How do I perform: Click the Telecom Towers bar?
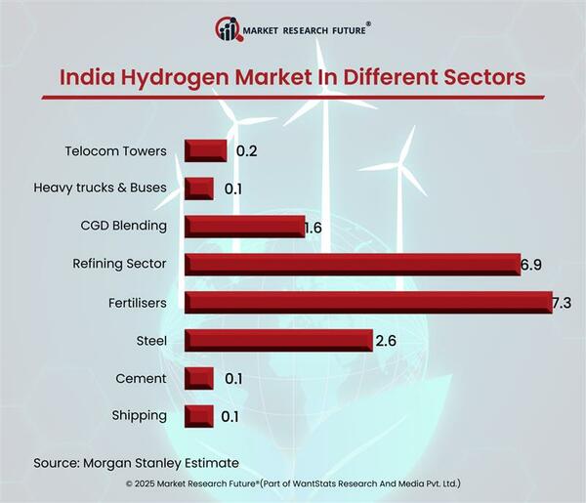click(x=206, y=150)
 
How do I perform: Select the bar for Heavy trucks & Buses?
click(x=199, y=188)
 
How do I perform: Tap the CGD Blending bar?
click(x=245, y=226)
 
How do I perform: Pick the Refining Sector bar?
click(x=353, y=264)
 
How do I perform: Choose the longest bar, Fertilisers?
click(x=368, y=302)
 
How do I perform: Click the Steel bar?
click(x=278, y=340)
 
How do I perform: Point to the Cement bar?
click(x=199, y=378)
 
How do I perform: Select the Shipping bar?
click(x=199, y=415)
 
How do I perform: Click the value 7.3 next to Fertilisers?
click(x=561, y=303)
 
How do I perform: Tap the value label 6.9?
click(x=530, y=265)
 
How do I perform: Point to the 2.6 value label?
click(x=386, y=341)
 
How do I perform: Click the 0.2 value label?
click(x=245, y=151)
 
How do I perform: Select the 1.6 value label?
click(x=313, y=227)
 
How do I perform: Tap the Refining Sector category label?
click(x=120, y=264)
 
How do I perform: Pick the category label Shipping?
click(x=140, y=415)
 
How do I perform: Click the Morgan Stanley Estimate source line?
click(x=136, y=461)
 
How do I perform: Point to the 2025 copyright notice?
click(x=293, y=483)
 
